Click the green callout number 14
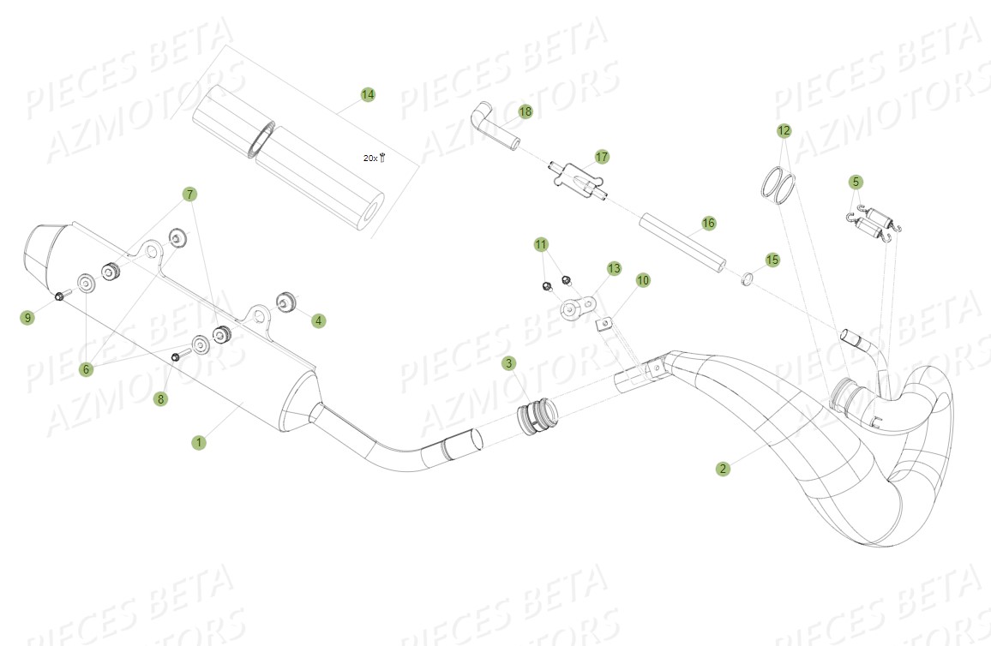point(368,94)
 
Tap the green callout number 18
point(526,111)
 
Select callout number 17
point(602,156)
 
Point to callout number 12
point(784,130)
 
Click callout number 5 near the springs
point(856,182)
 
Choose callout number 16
point(708,223)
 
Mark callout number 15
point(772,259)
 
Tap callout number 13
point(614,268)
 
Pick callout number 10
point(643,280)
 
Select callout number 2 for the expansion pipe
point(724,469)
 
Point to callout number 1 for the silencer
point(199,442)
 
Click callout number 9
point(28,318)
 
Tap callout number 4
point(319,321)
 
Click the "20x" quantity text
point(370,158)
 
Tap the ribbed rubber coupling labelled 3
point(534,417)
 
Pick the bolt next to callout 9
point(61,296)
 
